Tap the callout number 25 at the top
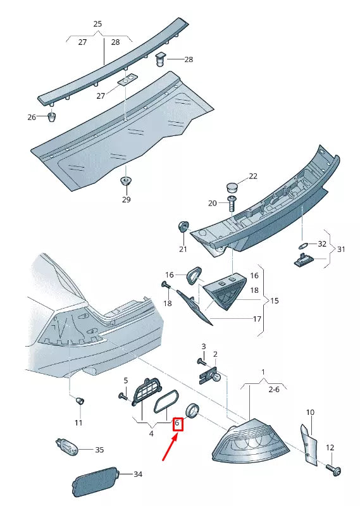click(x=97, y=24)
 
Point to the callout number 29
click(x=126, y=200)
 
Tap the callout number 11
click(x=78, y=422)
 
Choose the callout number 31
click(x=341, y=249)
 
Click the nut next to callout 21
click(x=183, y=227)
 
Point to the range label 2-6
click(x=273, y=390)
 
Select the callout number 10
click(x=310, y=412)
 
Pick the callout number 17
click(x=257, y=319)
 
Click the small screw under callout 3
click(x=201, y=361)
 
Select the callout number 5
click(x=125, y=380)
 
